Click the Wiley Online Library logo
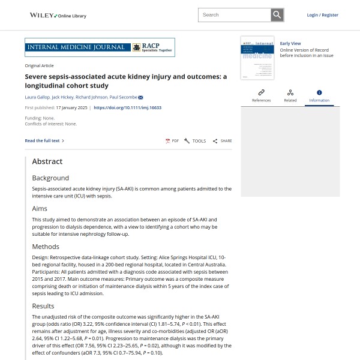(x=58, y=15)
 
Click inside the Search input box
(x=234, y=15)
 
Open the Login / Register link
(x=322, y=15)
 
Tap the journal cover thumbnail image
(x=257, y=58)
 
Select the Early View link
(x=290, y=44)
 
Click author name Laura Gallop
(x=37, y=97)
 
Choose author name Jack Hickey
(x=63, y=97)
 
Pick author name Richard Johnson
(x=92, y=97)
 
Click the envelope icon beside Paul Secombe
(x=140, y=97)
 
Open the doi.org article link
(x=128, y=108)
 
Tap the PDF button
(x=172, y=141)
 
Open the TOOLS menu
(x=195, y=141)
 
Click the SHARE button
(x=223, y=141)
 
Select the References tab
(x=261, y=95)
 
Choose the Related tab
(x=290, y=95)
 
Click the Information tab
(x=319, y=95)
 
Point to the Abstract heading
(x=47, y=161)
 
